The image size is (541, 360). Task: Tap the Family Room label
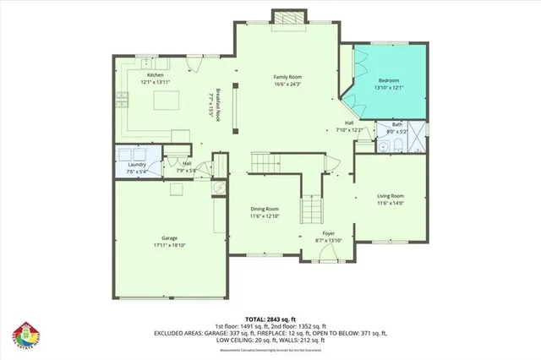point(287,76)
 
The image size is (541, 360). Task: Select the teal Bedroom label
point(390,79)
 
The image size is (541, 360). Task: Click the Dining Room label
point(265,209)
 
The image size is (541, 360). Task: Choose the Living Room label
point(391,196)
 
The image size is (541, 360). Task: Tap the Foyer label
point(329,233)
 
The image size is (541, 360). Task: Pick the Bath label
point(396,124)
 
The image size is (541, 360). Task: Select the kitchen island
point(167,101)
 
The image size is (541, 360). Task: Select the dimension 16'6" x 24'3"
point(287,84)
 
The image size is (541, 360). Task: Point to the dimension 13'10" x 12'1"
point(390,87)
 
